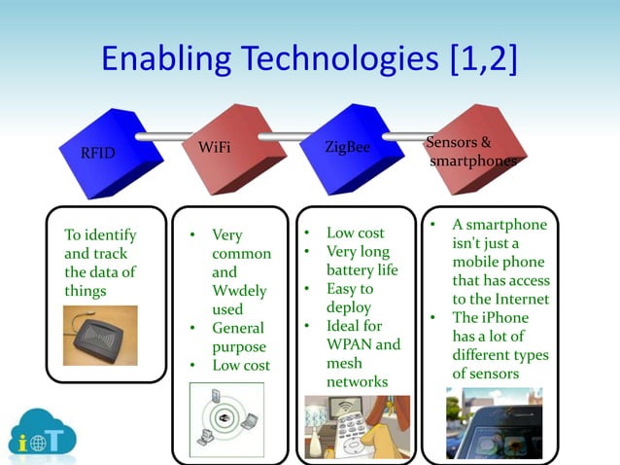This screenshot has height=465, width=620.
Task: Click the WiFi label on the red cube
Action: pos(214,147)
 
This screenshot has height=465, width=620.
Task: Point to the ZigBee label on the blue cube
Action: pos(347,147)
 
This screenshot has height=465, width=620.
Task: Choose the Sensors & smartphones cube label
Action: pos(472,152)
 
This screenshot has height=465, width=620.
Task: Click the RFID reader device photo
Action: pos(100,335)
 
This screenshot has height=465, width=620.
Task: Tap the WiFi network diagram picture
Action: pos(229,419)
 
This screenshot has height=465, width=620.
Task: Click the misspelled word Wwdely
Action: pos(239,291)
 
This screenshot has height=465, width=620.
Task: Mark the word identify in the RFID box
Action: pos(110,235)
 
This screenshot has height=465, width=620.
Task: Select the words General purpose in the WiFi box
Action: pos(239,338)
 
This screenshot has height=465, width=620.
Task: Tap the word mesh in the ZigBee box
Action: pos(345,363)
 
